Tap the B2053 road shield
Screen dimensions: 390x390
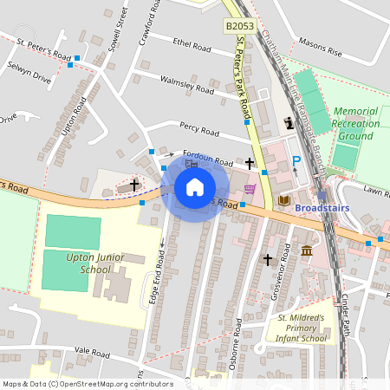point(240,28)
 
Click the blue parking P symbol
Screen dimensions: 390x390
point(296,160)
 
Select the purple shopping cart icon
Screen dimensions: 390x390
point(250,189)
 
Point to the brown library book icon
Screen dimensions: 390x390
point(283,200)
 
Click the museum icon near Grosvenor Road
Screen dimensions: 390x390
point(307,250)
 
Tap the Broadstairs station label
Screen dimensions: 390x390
point(323,209)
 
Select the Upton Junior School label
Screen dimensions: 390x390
point(94,263)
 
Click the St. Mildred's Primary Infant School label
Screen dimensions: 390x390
point(302,328)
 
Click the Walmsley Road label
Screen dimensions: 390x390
point(186,84)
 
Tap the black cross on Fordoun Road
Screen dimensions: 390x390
point(250,163)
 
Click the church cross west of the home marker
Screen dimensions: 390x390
point(133,184)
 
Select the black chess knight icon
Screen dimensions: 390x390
point(288,124)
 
